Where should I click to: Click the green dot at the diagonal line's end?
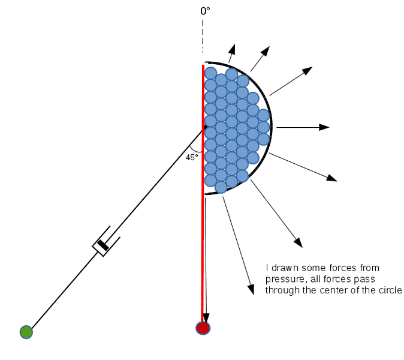[x=26, y=332]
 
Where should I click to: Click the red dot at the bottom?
[x=203, y=328]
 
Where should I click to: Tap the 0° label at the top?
[x=205, y=11]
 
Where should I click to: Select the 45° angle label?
[x=192, y=157]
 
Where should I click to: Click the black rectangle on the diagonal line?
[x=104, y=244]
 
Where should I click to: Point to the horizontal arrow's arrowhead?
[x=325, y=127]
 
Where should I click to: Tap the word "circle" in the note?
[x=389, y=290]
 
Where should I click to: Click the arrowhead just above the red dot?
[x=206, y=318]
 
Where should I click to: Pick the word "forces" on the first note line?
[x=334, y=268]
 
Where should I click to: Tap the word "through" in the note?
[x=281, y=290]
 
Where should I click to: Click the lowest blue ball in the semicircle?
[x=221, y=187]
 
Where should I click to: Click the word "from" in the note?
[x=359, y=268]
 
